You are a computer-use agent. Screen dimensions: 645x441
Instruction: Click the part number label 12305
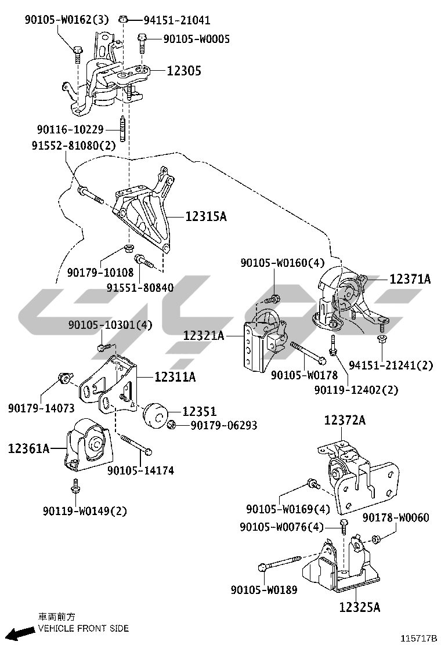click(184, 71)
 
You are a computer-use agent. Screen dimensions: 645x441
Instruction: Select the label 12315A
click(205, 217)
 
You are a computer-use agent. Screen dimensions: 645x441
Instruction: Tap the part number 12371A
click(410, 280)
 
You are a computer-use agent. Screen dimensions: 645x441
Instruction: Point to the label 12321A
click(204, 335)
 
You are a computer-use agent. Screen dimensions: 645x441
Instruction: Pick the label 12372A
click(345, 421)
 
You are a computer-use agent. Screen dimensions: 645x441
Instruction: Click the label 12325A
click(360, 607)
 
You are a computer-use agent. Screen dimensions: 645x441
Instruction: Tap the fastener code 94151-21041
click(177, 20)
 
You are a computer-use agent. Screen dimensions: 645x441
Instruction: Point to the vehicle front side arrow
click(19, 632)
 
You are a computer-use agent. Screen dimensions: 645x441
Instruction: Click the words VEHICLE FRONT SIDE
click(84, 628)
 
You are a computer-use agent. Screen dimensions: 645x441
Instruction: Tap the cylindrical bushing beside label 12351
click(156, 415)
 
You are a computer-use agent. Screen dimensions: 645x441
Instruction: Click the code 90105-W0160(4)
click(283, 263)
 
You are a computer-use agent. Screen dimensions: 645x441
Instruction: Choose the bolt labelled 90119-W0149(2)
click(74, 488)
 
